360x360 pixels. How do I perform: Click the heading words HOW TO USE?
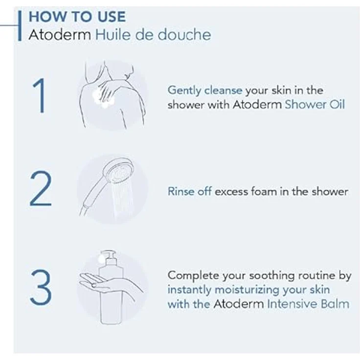77,16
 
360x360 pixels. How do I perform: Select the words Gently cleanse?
205,90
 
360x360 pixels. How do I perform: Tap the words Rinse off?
190,191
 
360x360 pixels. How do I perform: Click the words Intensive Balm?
308,304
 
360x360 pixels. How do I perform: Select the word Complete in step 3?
191,275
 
